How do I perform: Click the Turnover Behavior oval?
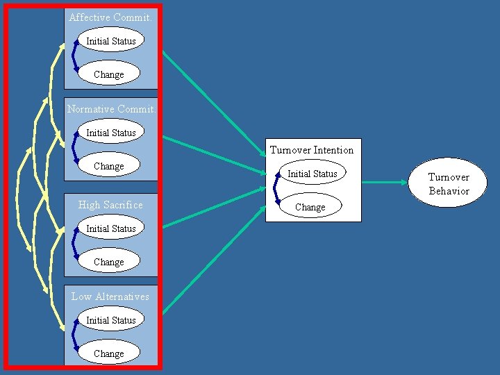(449, 183)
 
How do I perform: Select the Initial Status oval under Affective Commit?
(110, 40)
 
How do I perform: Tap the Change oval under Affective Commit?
(109, 74)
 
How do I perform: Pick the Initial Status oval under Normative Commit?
(110, 132)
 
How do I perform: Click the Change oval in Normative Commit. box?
(109, 165)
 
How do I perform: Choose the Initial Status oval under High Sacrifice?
(110, 228)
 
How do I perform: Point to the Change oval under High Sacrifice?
(109, 261)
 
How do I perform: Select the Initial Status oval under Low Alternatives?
(110, 319)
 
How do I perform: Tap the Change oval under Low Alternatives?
(109, 353)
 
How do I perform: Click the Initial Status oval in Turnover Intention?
(312, 173)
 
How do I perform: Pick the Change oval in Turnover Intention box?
(310, 206)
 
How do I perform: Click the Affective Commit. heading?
(110, 17)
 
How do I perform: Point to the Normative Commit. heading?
(111, 108)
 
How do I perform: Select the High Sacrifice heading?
(110, 204)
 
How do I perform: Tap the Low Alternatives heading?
(110, 296)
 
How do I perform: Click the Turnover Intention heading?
(312, 149)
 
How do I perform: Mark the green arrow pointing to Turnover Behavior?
(385, 183)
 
